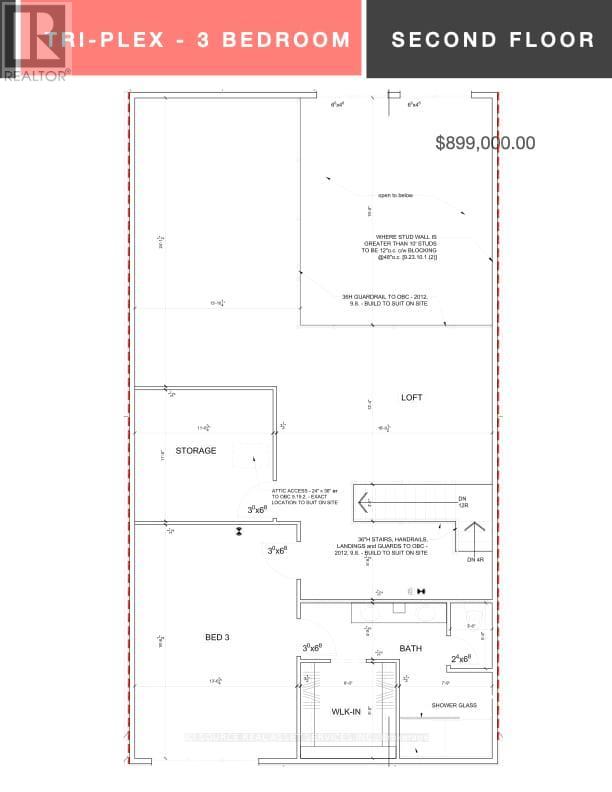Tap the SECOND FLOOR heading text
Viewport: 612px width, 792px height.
click(x=493, y=40)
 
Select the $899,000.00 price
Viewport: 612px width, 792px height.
click(x=485, y=143)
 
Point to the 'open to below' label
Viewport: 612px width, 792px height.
click(x=395, y=196)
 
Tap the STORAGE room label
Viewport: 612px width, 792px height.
click(x=196, y=451)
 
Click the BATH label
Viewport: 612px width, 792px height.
click(x=411, y=648)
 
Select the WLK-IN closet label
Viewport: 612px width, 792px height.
click(x=346, y=711)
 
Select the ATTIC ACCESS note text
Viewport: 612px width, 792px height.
click(x=307, y=495)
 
